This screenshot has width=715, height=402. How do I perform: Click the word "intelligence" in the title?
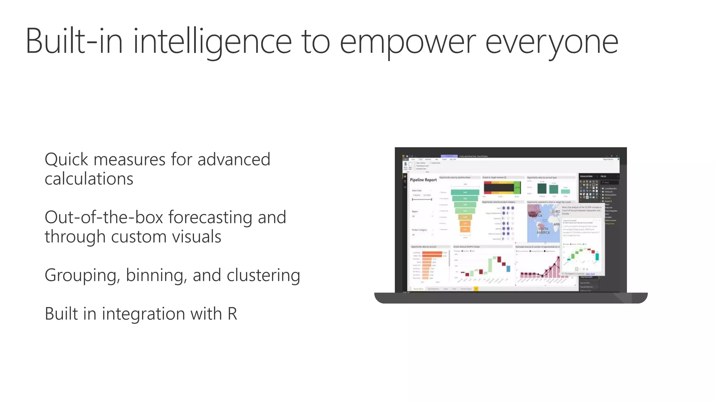click(x=212, y=42)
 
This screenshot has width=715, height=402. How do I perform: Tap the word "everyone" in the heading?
click(x=552, y=42)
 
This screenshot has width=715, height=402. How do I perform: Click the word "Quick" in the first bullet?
click(x=66, y=159)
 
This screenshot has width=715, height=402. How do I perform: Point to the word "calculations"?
click(x=89, y=179)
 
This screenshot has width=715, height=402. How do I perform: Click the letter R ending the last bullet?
click(x=233, y=313)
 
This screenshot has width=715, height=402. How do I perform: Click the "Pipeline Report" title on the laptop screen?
click(x=423, y=180)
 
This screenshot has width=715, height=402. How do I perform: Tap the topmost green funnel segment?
click(x=465, y=192)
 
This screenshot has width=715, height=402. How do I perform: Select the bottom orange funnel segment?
click(x=465, y=229)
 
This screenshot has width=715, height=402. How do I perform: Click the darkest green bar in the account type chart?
click(x=542, y=188)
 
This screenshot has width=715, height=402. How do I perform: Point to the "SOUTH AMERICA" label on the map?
click(x=543, y=230)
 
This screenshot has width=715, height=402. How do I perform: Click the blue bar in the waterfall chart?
click(x=508, y=268)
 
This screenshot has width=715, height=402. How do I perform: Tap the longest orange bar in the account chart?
click(x=433, y=253)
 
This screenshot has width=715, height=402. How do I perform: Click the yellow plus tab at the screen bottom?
click(x=476, y=289)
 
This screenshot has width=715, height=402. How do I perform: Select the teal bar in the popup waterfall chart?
click(x=597, y=257)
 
